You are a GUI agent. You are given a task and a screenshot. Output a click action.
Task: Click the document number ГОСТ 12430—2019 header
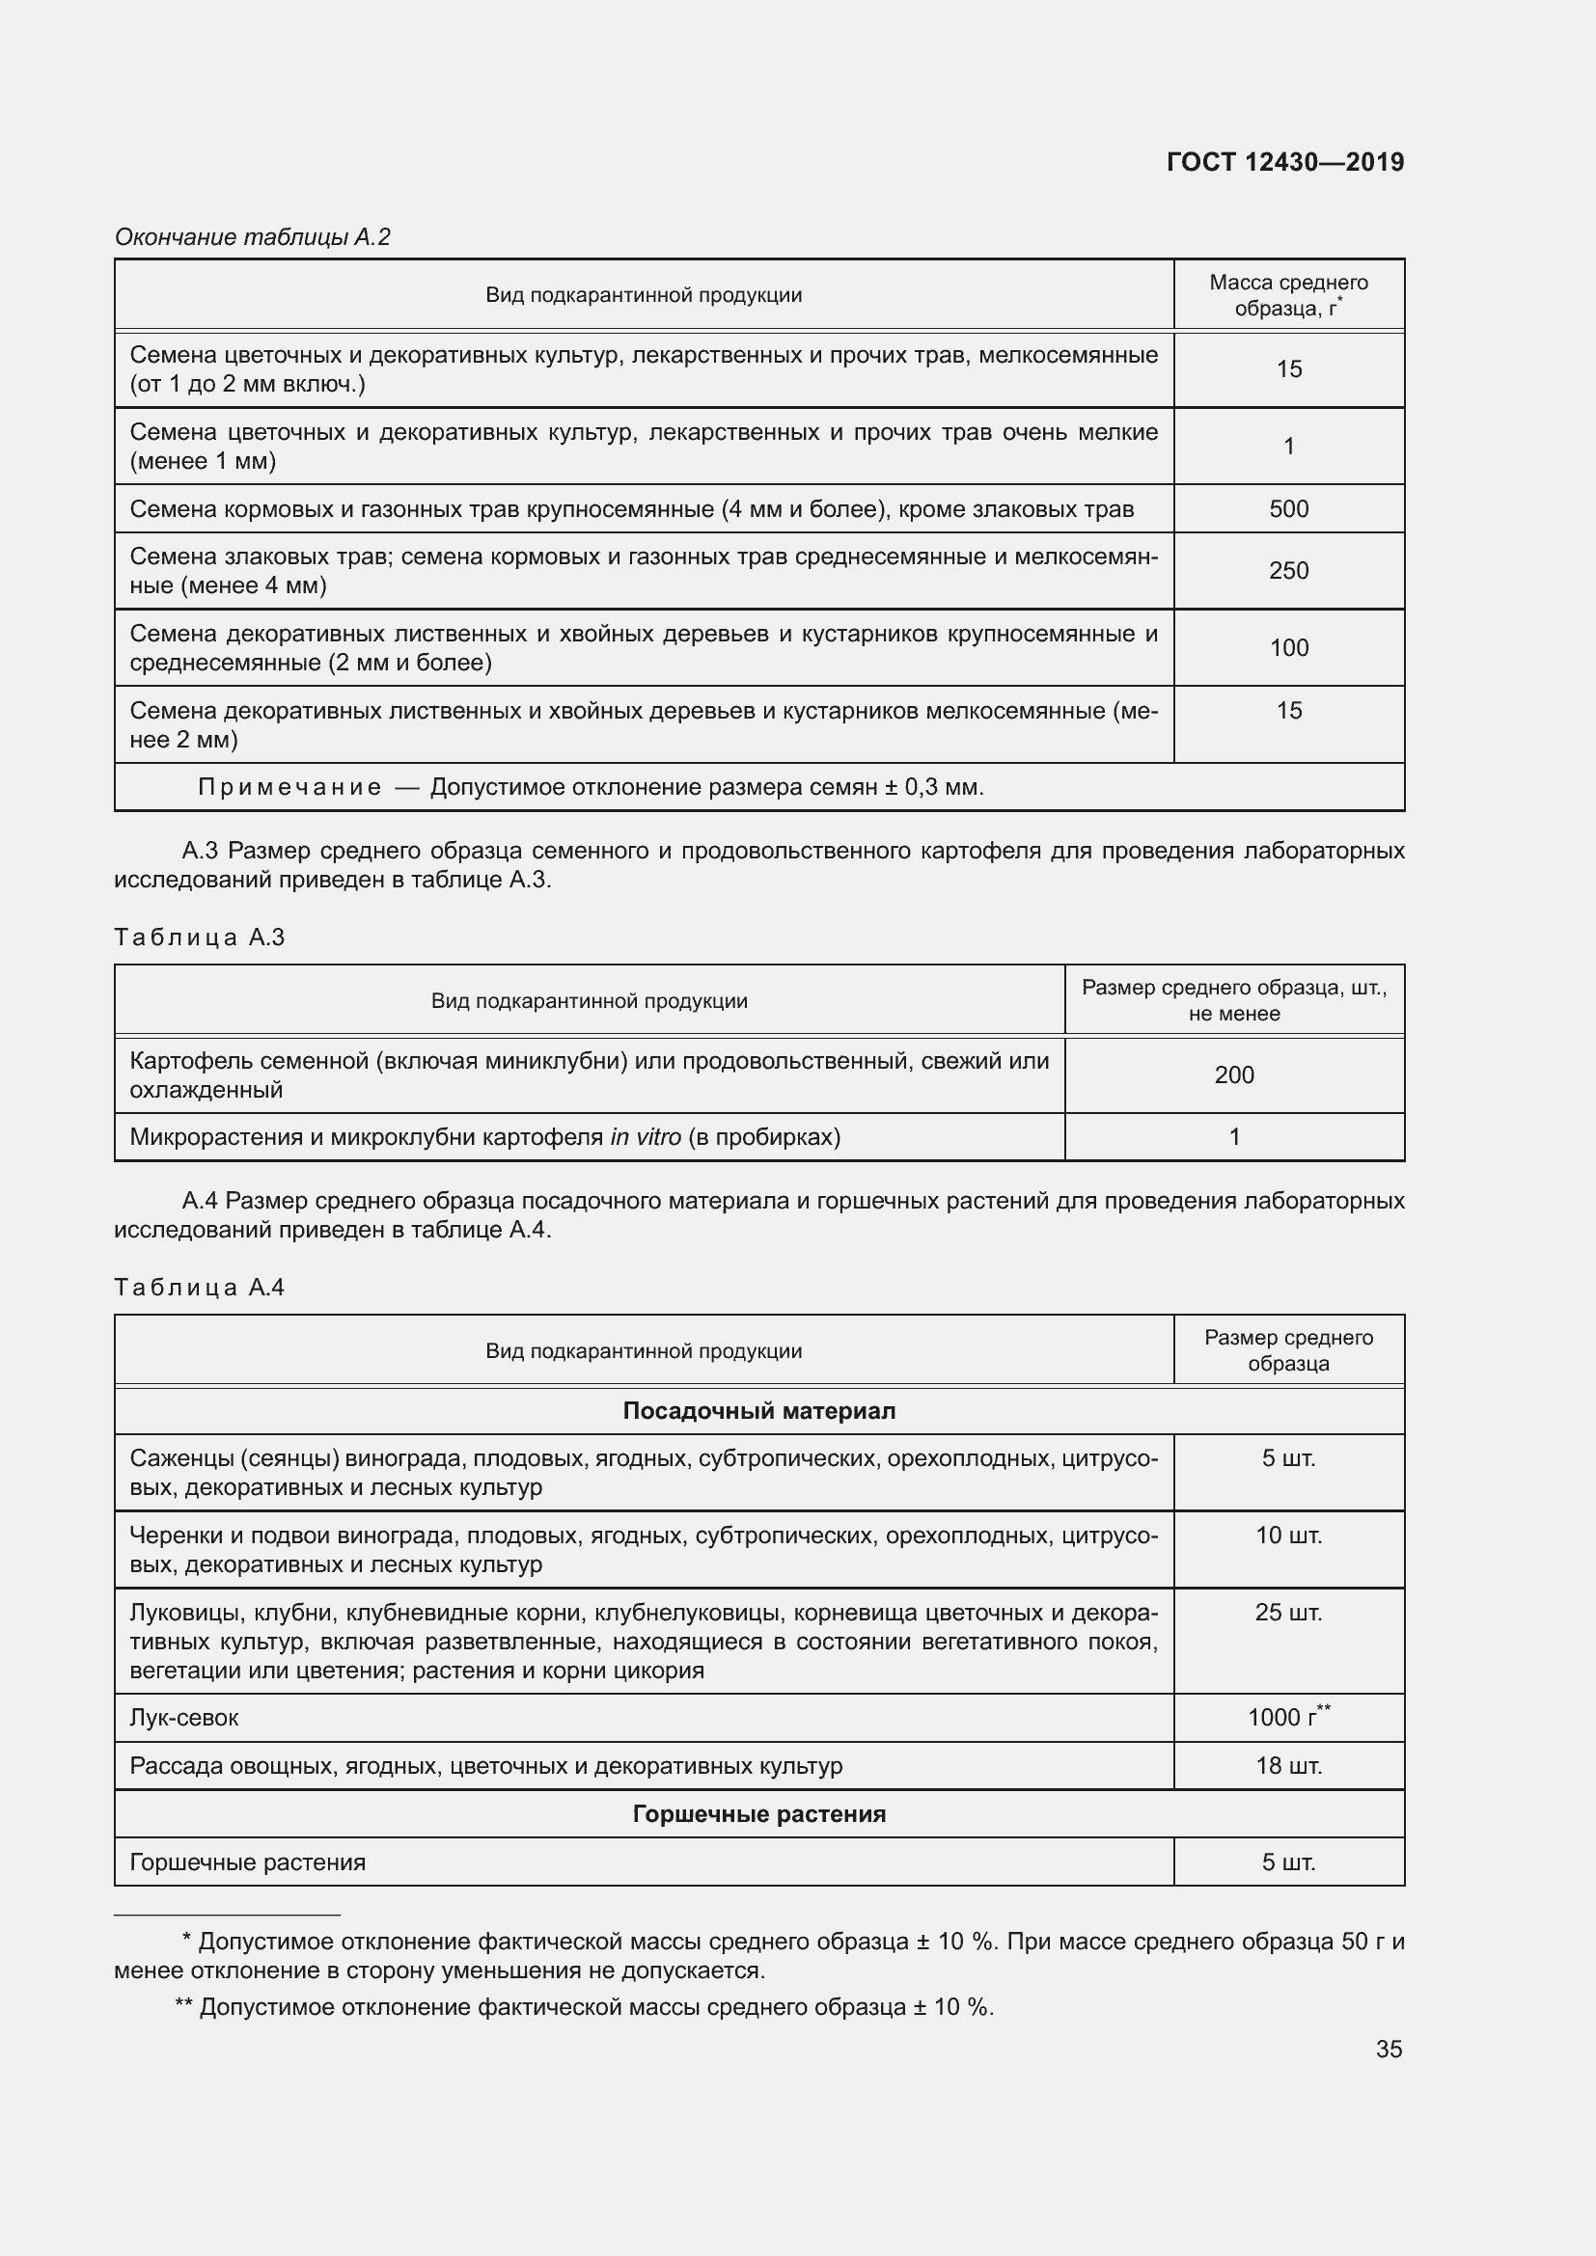[x=1284, y=162]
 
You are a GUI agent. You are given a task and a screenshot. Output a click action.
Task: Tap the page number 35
[x=1389, y=2049]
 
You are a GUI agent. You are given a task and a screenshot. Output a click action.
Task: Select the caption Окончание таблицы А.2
[x=253, y=237]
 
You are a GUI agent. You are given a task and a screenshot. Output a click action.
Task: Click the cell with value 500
[x=1288, y=509]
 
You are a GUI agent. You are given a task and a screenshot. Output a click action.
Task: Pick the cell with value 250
[x=1288, y=571]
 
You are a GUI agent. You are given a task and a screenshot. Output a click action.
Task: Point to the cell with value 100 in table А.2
[x=1288, y=647]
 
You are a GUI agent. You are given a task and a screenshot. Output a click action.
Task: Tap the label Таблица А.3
[x=200, y=938]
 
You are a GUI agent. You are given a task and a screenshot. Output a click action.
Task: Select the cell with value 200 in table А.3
[x=1233, y=1074]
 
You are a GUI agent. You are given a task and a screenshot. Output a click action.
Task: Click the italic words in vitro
[x=645, y=1138]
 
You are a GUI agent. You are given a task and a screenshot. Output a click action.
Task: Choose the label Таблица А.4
[x=200, y=1288]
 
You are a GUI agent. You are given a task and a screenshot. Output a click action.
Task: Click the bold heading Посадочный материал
[x=758, y=1411]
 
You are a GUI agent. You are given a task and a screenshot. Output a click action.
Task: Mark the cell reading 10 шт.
[x=1288, y=1535]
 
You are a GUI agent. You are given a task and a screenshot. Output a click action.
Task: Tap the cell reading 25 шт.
[x=1288, y=1613]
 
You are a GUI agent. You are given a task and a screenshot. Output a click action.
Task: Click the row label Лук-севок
[x=183, y=1718]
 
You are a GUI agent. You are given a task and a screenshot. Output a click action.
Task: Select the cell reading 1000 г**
[x=1288, y=1717]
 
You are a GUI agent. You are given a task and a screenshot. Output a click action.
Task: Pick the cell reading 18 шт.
[x=1288, y=1766]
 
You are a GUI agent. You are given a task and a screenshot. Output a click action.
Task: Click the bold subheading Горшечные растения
[x=758, y=1814]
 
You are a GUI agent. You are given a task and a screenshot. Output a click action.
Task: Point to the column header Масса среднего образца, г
[x=1288, y=295]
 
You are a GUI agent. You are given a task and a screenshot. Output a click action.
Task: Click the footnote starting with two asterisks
[x=584, y=2007]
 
